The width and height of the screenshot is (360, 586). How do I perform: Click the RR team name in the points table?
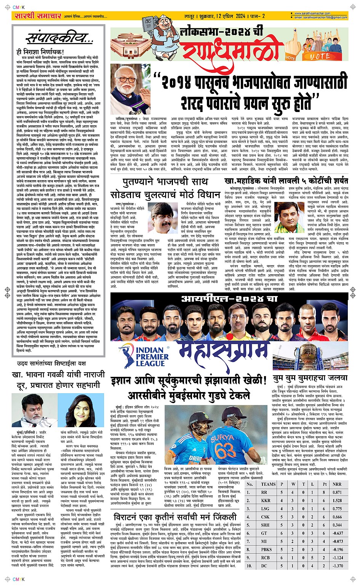click(264, 492)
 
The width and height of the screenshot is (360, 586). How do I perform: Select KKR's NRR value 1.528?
click(337, 500)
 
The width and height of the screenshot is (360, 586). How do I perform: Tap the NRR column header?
click(337, 484)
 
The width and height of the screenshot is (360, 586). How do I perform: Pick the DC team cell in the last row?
click(264, 566)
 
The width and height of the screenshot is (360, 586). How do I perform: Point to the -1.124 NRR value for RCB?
click(337, 557)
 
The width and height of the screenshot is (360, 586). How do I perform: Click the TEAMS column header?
click(268, 484)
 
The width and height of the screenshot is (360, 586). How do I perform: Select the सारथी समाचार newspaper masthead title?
click(37, 16)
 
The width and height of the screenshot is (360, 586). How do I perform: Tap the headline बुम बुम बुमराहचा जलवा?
click(310, 378)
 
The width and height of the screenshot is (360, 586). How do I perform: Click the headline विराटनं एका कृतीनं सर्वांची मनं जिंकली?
click(175, 517)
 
